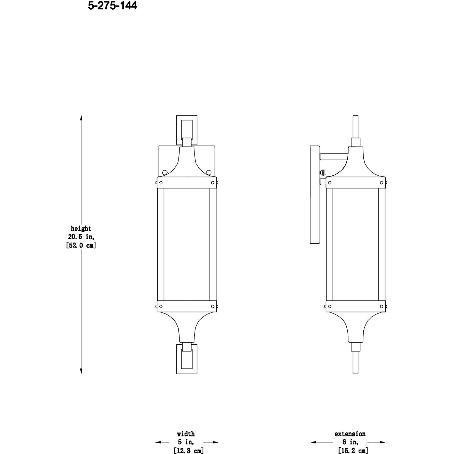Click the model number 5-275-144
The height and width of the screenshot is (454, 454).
pos(112,6)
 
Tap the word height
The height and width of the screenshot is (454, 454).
pos(81,229)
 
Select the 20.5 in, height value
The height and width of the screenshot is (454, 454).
pos(81,237)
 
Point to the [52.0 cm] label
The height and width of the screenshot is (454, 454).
pos(81,245)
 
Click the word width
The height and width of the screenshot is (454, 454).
pos(186,434)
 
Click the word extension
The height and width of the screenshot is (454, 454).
pos(350,434)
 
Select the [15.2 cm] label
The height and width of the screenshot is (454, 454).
pos(353,451)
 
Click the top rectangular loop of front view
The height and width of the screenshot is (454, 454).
pos(186,118)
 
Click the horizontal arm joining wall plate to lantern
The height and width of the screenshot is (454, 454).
pos(334,156)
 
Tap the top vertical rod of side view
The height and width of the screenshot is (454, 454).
pos(355,126)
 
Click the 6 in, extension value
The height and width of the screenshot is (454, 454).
pos(350,442)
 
